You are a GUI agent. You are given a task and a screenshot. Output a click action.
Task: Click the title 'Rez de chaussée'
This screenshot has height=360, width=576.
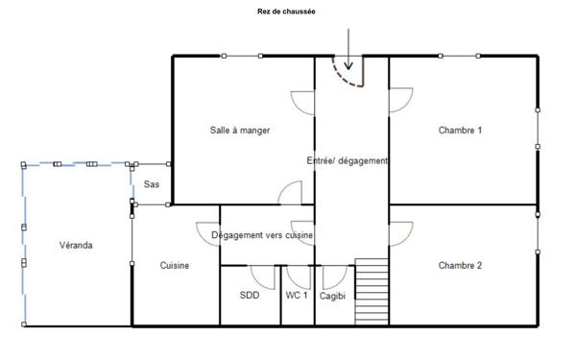pos(286,12)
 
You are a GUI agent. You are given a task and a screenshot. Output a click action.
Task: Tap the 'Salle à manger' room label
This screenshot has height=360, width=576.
pos(240,131)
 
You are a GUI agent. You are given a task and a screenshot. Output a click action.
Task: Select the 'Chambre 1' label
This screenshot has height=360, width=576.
pos(460,130)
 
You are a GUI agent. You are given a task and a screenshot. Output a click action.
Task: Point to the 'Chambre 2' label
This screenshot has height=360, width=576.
pos(460,265)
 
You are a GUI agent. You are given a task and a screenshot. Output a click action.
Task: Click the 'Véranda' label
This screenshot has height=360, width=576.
pos(76,245)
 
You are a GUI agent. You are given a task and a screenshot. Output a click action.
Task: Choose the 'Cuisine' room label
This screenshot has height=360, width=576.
pos(175,265)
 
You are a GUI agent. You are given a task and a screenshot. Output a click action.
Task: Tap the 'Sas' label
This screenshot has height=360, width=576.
pos(152,184)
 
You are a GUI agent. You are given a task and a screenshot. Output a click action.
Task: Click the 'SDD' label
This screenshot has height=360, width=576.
pos(250,295)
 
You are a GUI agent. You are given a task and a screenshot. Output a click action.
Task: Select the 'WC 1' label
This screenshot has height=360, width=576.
pos(297,295)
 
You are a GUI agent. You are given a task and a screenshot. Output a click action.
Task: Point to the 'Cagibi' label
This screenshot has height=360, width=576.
pos(332,296)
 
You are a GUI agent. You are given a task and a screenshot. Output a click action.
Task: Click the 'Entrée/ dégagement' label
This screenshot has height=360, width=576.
pos(348,161)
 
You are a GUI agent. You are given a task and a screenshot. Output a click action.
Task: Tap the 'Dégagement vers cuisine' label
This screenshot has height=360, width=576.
pos(262,235)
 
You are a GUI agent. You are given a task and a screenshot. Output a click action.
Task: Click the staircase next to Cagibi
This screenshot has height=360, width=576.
pos(372,292)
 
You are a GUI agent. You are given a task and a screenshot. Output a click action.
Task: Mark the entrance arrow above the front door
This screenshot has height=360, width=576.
pos(348,49)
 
